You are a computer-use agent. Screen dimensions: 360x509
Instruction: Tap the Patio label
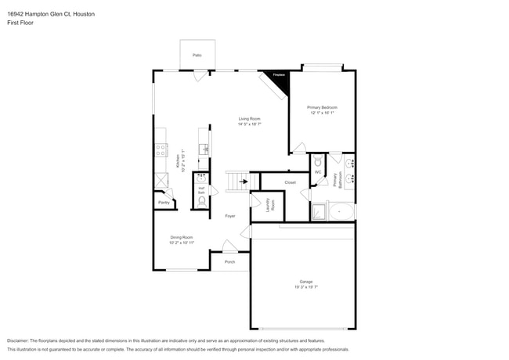[197, 55]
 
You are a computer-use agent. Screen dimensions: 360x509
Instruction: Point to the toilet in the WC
[318, 163]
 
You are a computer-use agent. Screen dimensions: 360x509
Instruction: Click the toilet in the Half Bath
[201, 200]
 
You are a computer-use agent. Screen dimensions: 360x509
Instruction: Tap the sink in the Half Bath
[201, 178]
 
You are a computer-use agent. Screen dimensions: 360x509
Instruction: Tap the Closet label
[290, 182]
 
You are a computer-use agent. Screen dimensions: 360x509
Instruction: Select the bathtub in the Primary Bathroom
[341, 211]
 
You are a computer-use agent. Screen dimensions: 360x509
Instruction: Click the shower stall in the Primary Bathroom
[319, 211]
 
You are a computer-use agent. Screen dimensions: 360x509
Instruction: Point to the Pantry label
[164, 203]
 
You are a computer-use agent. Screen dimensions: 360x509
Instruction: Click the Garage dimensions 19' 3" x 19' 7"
[305, 286]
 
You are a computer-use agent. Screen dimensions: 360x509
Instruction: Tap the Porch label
[229, 261]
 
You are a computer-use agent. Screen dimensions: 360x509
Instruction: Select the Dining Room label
[182, 237]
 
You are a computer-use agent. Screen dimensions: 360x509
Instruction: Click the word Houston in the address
[82, 14]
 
